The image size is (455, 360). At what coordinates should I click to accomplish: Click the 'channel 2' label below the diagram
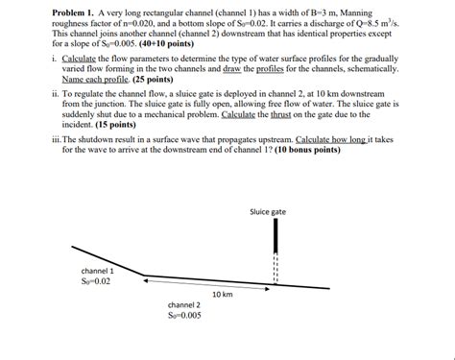pos(184,304)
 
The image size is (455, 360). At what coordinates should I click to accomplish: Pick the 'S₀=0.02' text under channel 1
pos(97,281)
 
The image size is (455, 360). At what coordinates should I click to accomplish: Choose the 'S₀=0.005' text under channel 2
pos(184,315)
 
